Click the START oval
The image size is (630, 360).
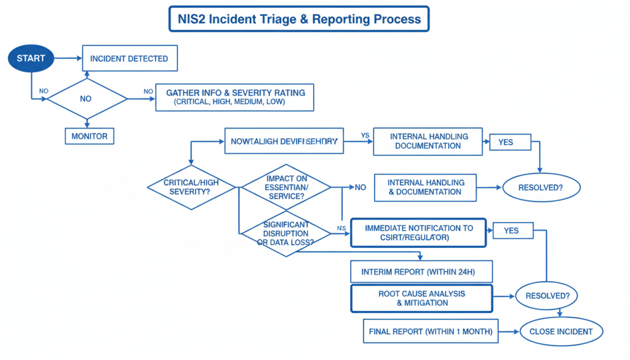tap(30, 58)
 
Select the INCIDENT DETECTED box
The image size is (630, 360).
tap(129, 58)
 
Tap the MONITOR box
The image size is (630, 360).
tap(89, 136)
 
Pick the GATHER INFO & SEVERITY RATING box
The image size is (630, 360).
tap(235, 97)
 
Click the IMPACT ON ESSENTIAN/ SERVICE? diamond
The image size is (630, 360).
tap(286, 187)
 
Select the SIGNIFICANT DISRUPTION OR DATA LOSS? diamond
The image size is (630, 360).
tap(286, 234)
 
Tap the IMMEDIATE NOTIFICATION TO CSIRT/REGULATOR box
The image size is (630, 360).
tap(418, 233)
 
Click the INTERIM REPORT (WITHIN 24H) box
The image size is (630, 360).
tap(421, 271)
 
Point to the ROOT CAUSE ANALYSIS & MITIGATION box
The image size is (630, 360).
tap(421, 298)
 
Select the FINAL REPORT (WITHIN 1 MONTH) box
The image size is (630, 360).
tap(431, 332)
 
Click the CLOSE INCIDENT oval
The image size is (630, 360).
tap(560, 332)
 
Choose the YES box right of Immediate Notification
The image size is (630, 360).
tap(511, 231)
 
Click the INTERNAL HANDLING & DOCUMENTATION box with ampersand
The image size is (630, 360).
tap(425, 187)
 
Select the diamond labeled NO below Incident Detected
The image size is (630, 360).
tap(87, 98)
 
